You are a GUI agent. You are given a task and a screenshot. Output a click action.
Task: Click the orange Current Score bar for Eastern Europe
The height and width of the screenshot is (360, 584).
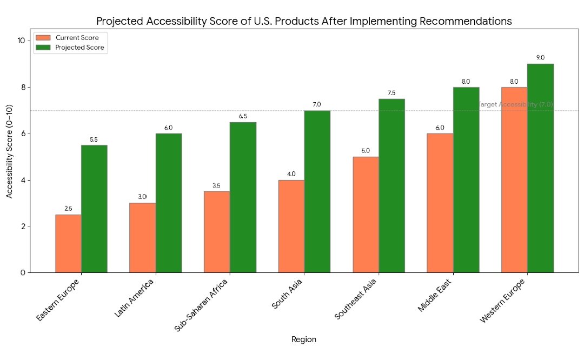point(69,244)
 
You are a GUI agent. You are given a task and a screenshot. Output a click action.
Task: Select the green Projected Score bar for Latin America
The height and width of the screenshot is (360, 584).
point(169,203)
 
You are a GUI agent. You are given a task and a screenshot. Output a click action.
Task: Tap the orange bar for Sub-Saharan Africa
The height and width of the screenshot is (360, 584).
point(217,232)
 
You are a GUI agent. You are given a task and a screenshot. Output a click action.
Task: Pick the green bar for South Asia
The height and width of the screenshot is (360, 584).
point(317,191)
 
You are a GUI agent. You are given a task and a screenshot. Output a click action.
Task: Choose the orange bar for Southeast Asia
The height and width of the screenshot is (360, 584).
point(366,215)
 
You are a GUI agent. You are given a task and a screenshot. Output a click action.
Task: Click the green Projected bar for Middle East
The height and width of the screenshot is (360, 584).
point(466,179)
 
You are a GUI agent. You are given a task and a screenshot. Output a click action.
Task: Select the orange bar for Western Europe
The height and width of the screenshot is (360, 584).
point(514,179)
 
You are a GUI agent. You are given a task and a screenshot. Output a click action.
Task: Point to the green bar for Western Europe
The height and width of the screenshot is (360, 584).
point(540,168)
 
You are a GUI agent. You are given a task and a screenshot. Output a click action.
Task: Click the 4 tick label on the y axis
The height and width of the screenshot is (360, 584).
point(23,180)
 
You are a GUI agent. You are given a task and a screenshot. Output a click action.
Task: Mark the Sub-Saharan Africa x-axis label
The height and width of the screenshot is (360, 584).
point(202,305)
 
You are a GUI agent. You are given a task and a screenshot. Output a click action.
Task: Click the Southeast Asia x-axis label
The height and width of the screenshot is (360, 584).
point(356,299)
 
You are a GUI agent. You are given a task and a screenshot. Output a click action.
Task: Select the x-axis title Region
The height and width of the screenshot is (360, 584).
point(304,339)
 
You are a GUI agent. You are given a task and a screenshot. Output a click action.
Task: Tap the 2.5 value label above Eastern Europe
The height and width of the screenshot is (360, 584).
point(68,209)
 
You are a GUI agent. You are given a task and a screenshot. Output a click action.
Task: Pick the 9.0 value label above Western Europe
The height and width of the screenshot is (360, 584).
point(540,58)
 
